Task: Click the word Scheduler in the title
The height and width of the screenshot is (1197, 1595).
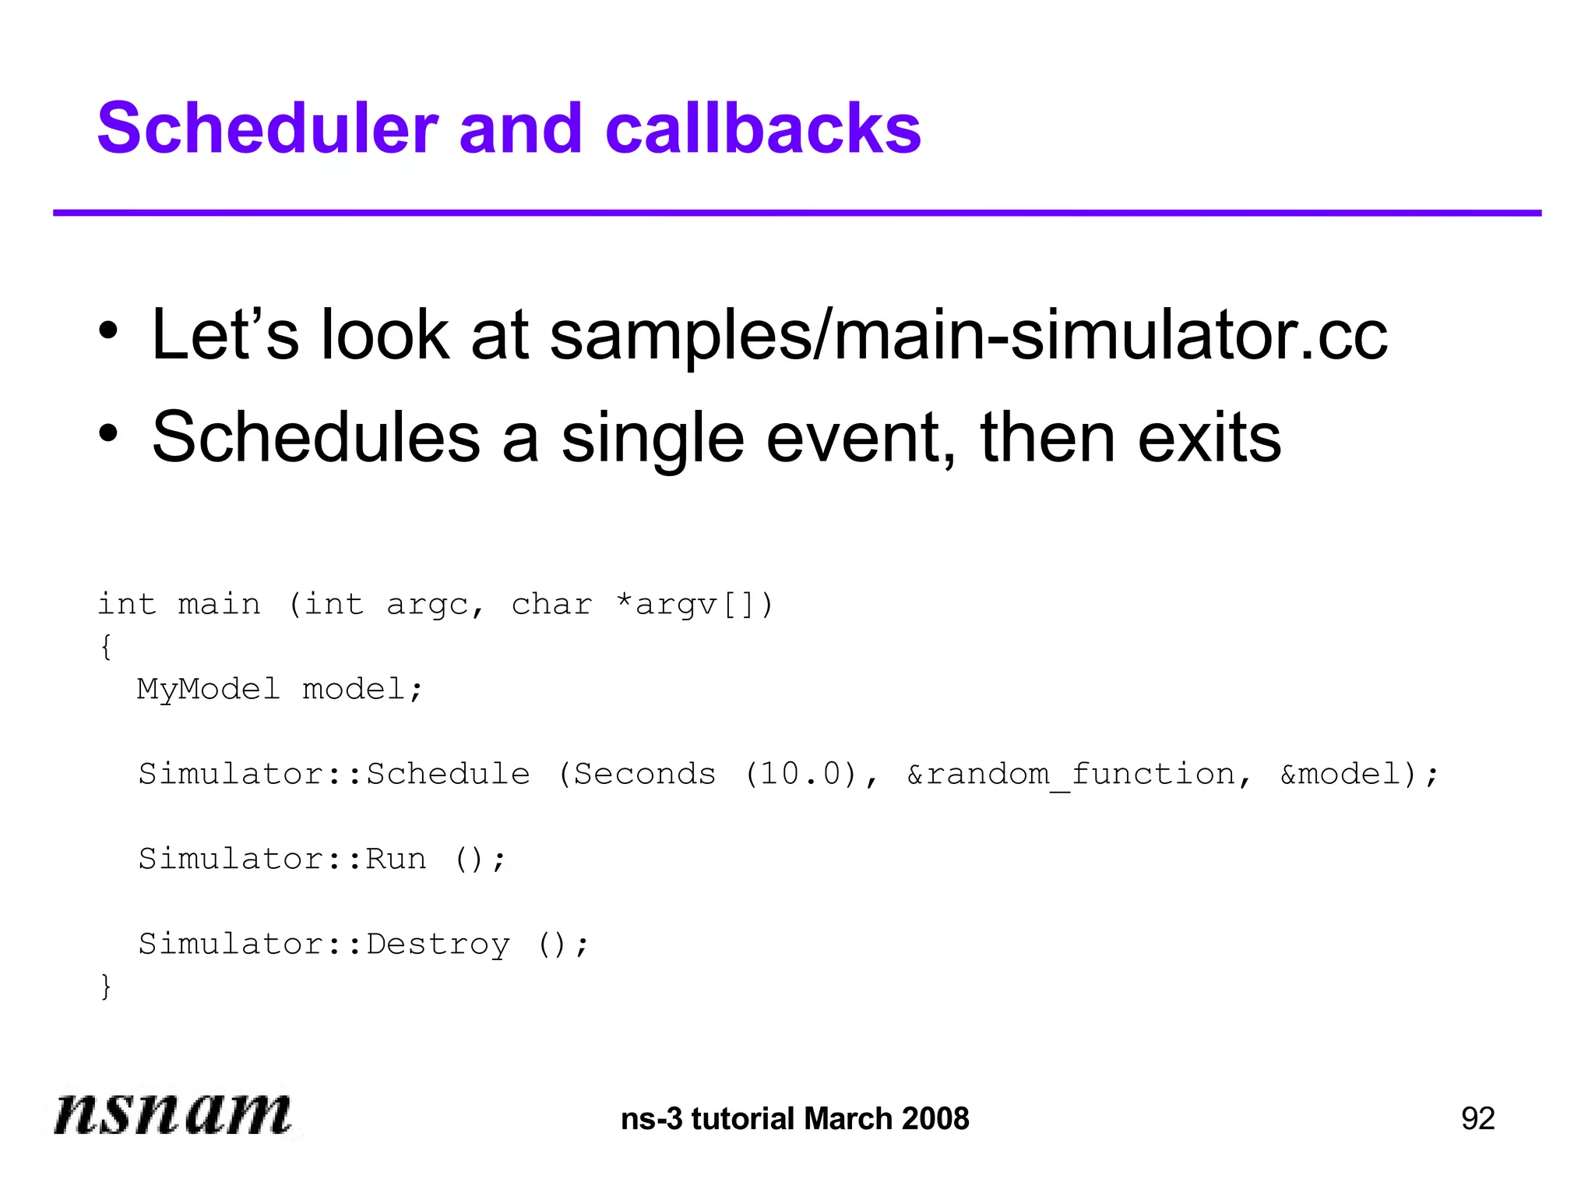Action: coord(267,129)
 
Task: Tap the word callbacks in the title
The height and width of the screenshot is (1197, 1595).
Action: coord(762,129)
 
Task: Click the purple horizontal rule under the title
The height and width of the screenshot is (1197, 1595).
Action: coord(797,213)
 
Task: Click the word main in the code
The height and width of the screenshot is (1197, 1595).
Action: coord(219,605)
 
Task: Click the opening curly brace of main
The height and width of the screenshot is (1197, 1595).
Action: coord(106,647)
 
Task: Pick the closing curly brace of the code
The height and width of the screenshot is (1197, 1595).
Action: coord(106,987)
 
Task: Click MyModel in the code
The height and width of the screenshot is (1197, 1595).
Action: coord(208,690)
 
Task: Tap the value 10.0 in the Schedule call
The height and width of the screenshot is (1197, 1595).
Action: coord(801,774)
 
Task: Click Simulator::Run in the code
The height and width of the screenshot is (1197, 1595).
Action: coord(282,859)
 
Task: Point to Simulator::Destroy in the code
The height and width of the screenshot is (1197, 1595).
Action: coord(323,944)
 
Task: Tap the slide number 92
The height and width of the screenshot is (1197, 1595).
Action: coord(1477,1119)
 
